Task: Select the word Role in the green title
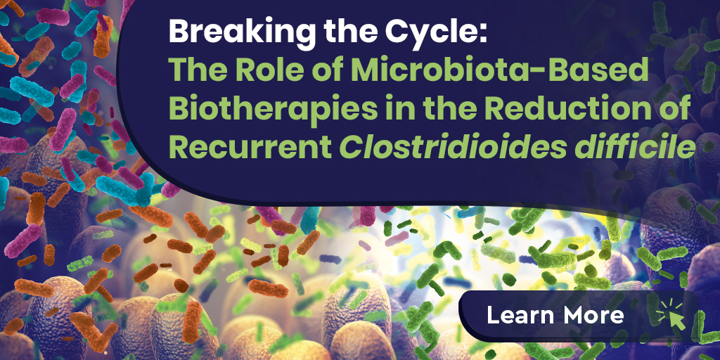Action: (259, 71)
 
